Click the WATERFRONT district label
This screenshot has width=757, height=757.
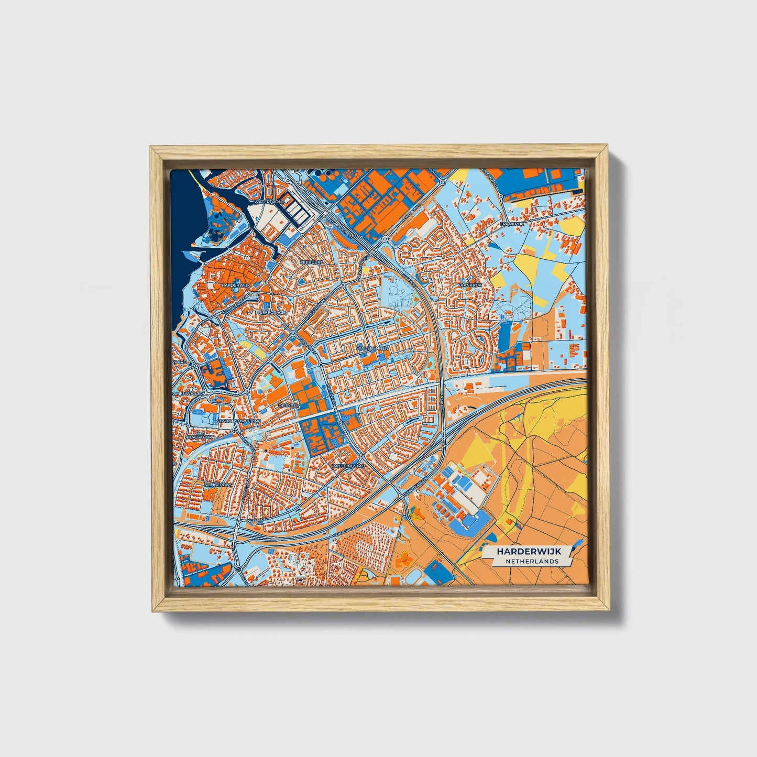[268, 201]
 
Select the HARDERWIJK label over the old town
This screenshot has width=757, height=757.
[236, 285]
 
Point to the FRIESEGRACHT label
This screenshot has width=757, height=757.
[271, 312]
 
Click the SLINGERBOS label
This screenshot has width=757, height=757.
[218, 485]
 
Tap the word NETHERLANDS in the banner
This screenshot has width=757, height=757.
[532, 561]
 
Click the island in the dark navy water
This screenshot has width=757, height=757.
[221, 224]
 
